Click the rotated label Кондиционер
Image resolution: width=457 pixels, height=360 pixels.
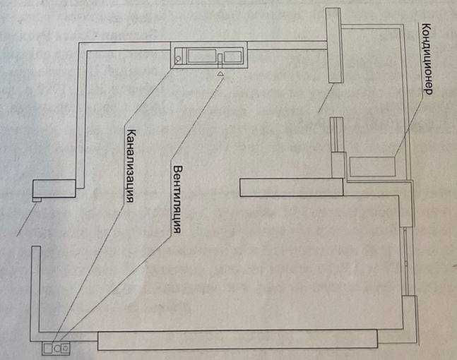426,59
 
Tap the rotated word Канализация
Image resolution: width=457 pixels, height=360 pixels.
130,166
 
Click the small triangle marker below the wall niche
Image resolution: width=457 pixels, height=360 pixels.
220,73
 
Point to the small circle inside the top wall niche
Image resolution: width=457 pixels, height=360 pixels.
178,59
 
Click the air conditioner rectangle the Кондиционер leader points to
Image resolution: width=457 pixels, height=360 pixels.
372,167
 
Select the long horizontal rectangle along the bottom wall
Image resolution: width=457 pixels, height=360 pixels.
237,340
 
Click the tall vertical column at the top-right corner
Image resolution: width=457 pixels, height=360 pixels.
334,45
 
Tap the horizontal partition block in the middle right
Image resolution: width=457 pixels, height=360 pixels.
292,187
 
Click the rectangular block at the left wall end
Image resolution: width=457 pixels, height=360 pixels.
54,188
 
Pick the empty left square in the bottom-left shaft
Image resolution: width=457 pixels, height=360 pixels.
48,348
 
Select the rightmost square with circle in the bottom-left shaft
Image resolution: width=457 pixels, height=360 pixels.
66,347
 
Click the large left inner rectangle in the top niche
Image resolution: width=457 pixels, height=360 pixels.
202,56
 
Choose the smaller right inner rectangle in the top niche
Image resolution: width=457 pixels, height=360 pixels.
232,56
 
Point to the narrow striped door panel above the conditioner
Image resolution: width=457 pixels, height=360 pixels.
337,135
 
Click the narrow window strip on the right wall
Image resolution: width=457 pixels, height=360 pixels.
406,261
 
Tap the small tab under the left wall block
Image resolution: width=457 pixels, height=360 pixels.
37,200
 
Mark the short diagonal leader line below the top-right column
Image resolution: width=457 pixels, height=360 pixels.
326,97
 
